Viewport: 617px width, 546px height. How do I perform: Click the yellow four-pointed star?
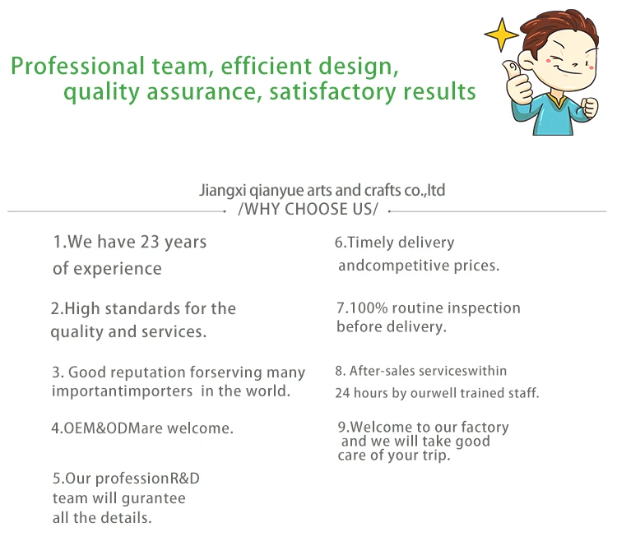tap(501, 35)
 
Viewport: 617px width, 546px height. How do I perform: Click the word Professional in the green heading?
tap(77, 66)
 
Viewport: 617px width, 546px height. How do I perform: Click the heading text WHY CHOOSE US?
tap(308, 210)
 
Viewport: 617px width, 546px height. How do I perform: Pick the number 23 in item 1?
tap(150, 242)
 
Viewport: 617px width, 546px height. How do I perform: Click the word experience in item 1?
tap(118, 270)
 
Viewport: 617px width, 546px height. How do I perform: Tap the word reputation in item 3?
tap(148, 373)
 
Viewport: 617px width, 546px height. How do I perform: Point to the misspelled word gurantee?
tap(154, 499)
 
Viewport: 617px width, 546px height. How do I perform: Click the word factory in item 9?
tap(485, 428)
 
